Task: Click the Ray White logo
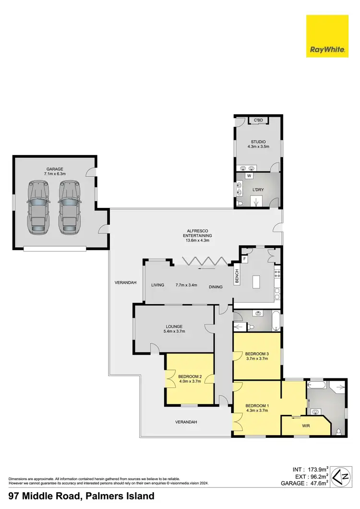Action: pyautogui.click(x=328, y=36)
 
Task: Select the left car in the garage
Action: pyautogui.click(x=38, y=207)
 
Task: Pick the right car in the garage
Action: pyautogui.click(x=69, y=207)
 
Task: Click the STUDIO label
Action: pyautogui.click(x=258, y=142)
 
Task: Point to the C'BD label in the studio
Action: pyautogui.click(x=259, y=120)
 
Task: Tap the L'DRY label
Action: pyautogui.click(x=258, y=190)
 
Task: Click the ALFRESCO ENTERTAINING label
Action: pyautogui.click(x=197, y=232)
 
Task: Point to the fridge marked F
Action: pyautogui.click(x=244, y=258)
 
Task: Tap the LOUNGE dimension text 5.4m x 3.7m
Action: pyautogui.click(x=174, y=331)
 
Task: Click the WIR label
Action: pyautogui.click(x=305, y=425)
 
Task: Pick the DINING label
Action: pyautogui.click(x=216, y=287)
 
